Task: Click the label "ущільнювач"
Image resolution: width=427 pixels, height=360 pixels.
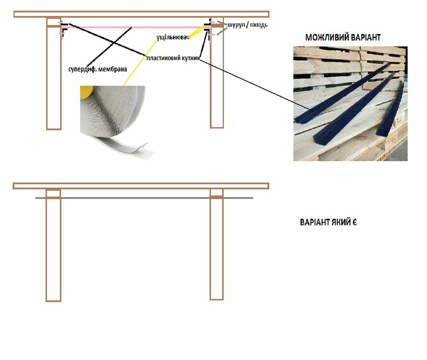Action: [172, 37]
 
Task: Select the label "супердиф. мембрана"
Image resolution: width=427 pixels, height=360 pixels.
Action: [98, 69]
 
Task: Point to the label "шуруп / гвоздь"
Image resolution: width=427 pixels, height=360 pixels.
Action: [247, 25]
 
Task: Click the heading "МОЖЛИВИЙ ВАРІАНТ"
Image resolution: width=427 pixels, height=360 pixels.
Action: [342, 37]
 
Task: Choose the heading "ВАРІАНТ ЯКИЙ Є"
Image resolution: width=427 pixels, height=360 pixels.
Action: [328, 222]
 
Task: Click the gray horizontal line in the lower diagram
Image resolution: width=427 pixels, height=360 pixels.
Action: [144, 198]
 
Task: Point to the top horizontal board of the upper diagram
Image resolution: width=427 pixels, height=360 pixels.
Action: [141, 14]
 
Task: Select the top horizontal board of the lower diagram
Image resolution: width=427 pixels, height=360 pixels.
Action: [141, 186]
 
